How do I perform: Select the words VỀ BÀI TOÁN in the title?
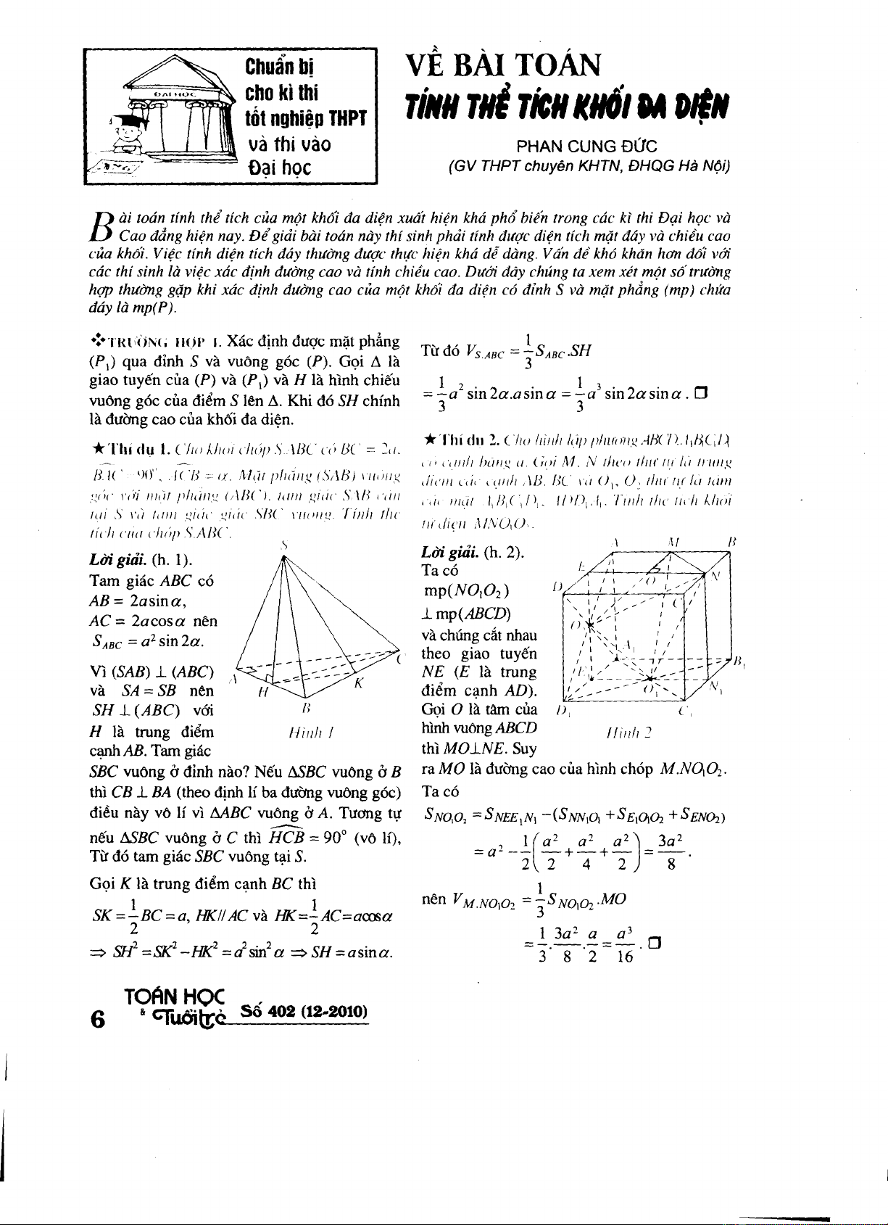coord(503,65)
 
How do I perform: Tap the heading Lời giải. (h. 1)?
coord(141,560)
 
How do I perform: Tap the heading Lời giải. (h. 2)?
coord(473,553)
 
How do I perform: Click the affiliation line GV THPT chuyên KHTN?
coord(589,167)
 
